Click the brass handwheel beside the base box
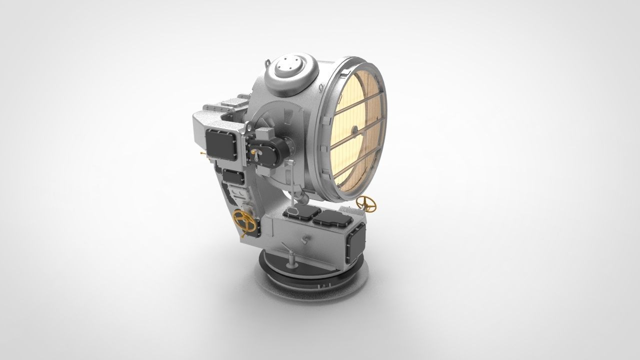pos(368,202)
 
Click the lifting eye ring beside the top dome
pos(266,64)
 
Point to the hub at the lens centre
pos(354,130)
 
